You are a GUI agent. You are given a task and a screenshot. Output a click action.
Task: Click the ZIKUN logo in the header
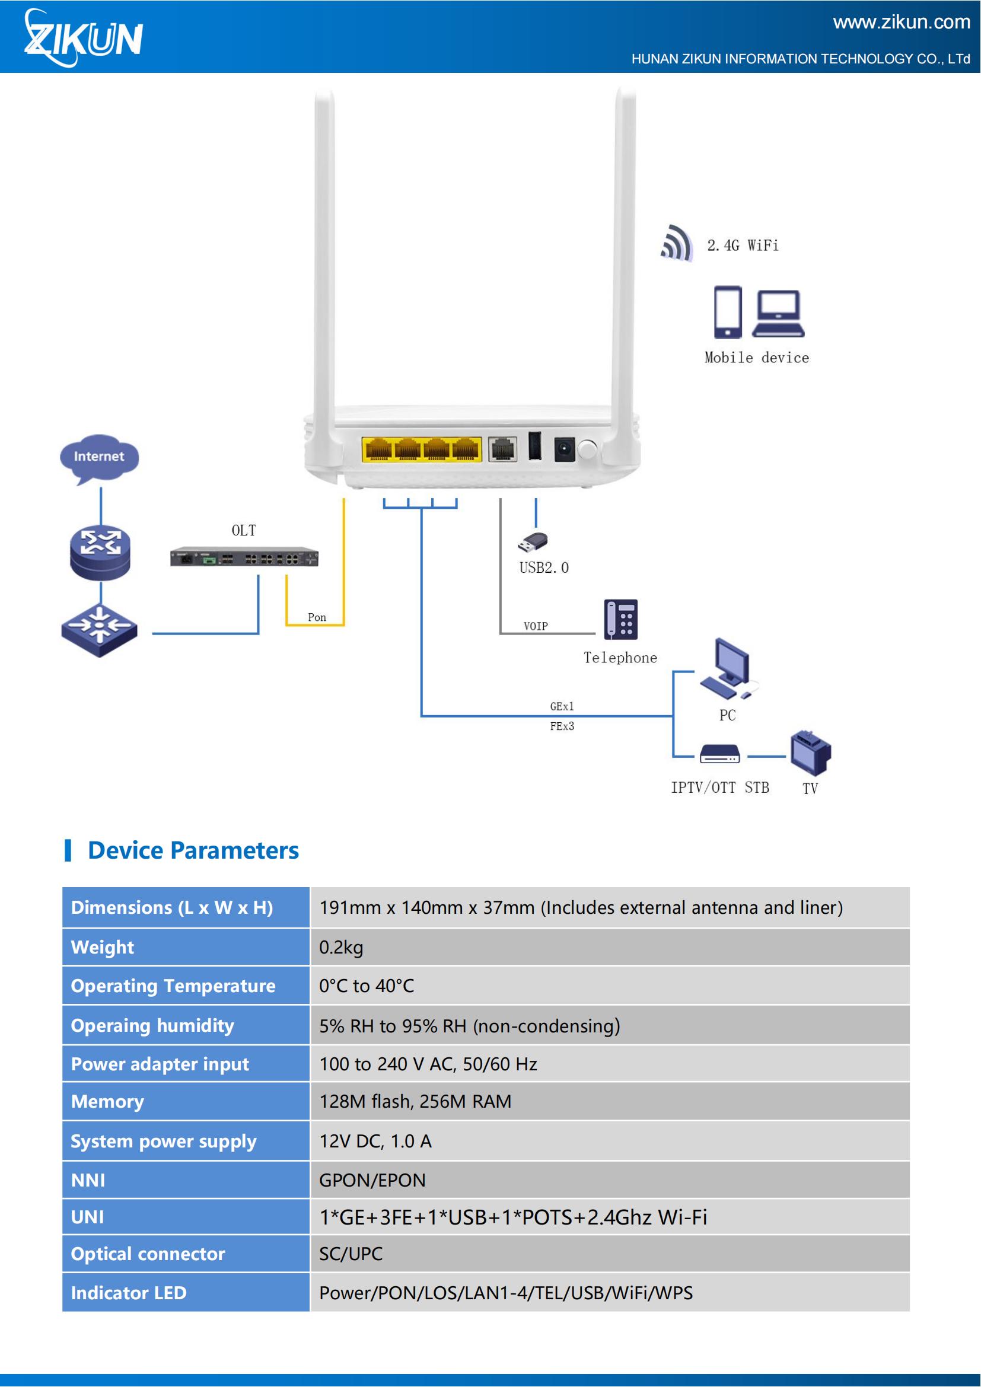(x=84, y=38)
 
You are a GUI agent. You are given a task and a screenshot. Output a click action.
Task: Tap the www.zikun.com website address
(x=901, y=22)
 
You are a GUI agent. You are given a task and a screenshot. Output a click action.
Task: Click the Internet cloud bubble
(x=99, y=457)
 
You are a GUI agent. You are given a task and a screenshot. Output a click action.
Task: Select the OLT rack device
(x=244, y=556)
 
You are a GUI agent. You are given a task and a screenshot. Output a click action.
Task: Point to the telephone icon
(x=620, y=619)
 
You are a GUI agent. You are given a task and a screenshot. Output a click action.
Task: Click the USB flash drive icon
(x=533, y=542)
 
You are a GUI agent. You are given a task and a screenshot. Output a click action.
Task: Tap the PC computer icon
(x=727, y=668)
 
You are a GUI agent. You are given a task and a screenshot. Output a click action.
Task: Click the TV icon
(x=811, y=752)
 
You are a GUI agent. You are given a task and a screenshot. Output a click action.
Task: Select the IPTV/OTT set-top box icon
(x=719, y=754)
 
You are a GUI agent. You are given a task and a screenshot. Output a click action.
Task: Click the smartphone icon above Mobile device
(x=727, y=312)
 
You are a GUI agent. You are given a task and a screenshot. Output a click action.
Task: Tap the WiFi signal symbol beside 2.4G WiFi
(x=677, y=243)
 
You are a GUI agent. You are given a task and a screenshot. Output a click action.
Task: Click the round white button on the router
(x=587, y=449)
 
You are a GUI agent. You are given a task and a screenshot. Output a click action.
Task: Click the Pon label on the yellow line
(x=317, y=617)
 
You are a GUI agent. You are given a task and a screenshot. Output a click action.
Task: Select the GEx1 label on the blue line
(x=562, y=706)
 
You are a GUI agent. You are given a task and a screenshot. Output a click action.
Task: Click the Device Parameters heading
(x=193, y=850)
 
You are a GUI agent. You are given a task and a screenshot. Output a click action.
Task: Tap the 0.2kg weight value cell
(x=609, y=946)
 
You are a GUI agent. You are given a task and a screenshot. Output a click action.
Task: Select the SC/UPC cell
(x=609, y=1254)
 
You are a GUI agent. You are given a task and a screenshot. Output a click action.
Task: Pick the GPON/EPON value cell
(x=609, y=1180)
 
